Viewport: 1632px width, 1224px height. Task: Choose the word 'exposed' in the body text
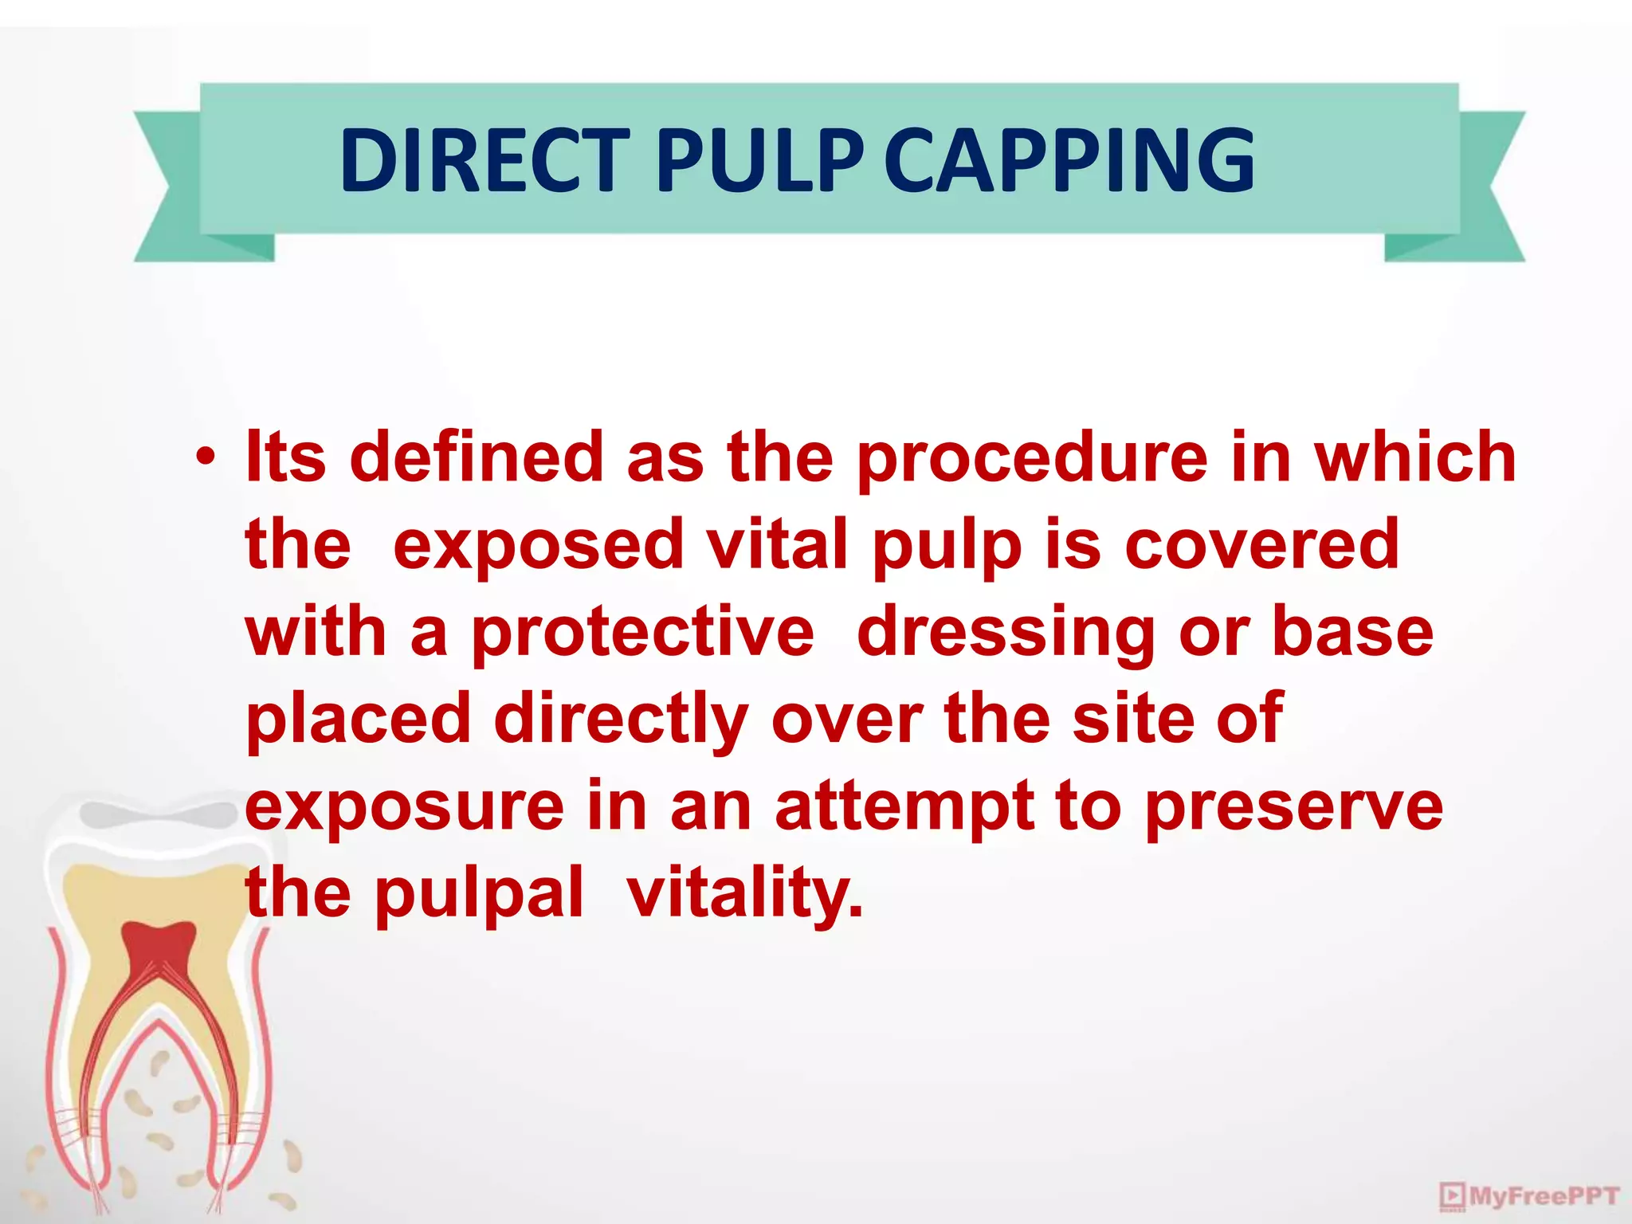pyautogui.click(x=539, y=546)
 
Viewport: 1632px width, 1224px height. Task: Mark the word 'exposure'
pyautogui.click(x=405, y=807)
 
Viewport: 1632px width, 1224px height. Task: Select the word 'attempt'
pyautogui.click(x=905, y=807)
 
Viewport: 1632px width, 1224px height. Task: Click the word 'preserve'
pyautogui.click(x=1293, y=807)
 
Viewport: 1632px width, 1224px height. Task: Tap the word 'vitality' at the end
pyautogui.click(x=744, y=895)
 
